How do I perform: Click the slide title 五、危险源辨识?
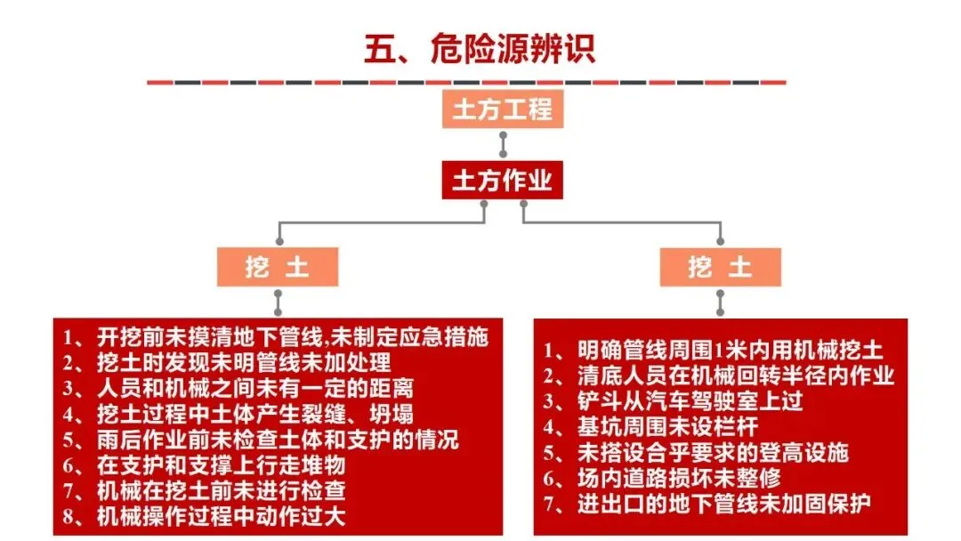click(x=480, y=48)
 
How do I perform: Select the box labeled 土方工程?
click(x=503, y=109)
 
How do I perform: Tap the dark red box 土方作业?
click(x=503, y=181)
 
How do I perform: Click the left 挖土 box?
click(x=278, y=267)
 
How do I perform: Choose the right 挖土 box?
click(x=720, y=267)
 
